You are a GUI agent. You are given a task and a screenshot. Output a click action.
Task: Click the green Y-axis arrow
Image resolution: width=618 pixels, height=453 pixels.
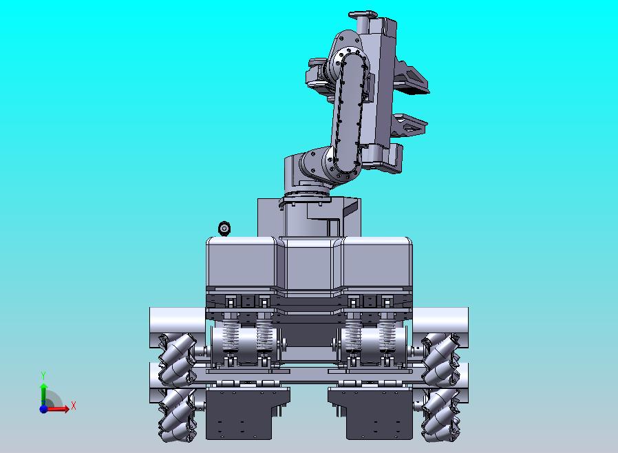(44, 392)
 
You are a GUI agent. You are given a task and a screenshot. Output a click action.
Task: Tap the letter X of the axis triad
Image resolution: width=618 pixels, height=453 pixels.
(74, 405)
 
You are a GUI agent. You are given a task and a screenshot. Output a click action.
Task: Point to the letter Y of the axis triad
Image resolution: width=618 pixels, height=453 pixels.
(44, 375)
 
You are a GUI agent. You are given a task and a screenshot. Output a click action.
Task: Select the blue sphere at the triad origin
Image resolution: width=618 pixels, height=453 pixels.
(43, 409)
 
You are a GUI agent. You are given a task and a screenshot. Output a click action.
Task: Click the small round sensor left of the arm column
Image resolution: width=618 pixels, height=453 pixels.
(224, 229)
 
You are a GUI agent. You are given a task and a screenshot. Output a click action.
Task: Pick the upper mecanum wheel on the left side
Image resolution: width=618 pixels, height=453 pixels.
(177, 359)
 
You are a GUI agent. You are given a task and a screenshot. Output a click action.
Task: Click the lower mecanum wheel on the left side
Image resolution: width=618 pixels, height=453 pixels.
(177, 414)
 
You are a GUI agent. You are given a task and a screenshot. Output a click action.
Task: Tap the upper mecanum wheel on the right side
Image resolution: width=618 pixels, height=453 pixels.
(440, 359)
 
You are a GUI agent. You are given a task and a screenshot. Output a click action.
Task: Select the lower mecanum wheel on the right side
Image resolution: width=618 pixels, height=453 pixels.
(440, 414)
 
